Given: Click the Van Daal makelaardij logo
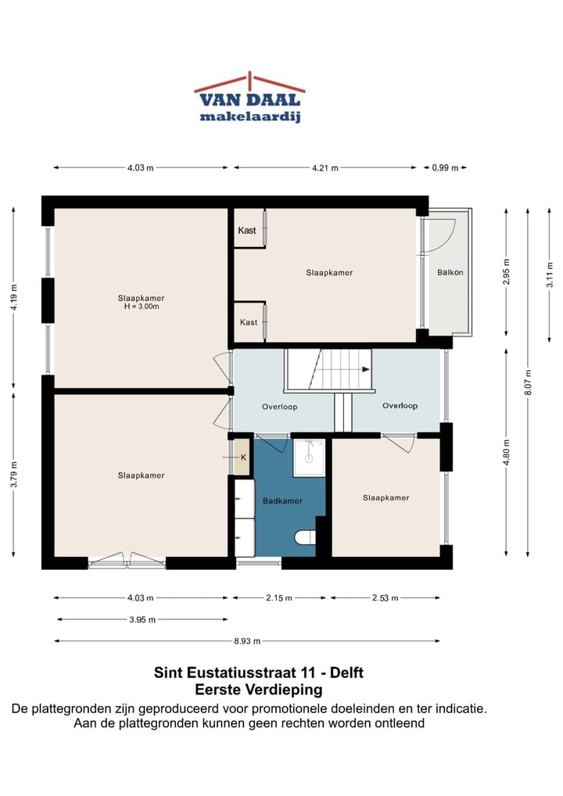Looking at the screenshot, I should point(249,99).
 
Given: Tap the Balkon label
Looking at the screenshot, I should point(450,273).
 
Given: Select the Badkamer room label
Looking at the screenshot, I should point(282,500).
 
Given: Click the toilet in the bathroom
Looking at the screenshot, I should point(306,536).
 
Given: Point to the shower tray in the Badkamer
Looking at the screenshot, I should point(309,457).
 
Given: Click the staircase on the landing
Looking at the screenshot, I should point(328,370).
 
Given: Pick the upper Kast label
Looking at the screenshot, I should point(247,231).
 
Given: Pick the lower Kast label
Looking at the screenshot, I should point(249,322).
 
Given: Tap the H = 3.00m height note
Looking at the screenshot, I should point(141,307).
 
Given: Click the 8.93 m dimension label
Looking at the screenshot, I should point(247,641).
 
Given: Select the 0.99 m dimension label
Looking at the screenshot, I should point(444,167).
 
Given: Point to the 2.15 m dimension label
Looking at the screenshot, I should point(278,598).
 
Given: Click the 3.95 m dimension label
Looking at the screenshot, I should point(142,619).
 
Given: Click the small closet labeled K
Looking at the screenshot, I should point(242,457).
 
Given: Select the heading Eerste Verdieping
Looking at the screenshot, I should point(258,690).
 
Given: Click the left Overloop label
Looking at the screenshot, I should point(280,407).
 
